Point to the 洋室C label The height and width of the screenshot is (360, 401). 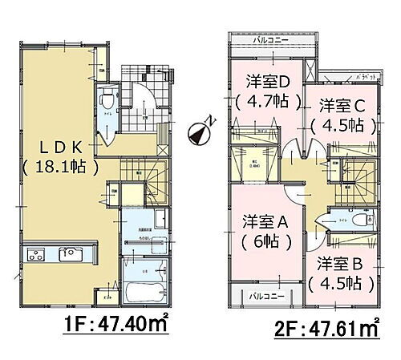[342, 105]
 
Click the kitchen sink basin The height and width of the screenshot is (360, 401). [71, 256]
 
